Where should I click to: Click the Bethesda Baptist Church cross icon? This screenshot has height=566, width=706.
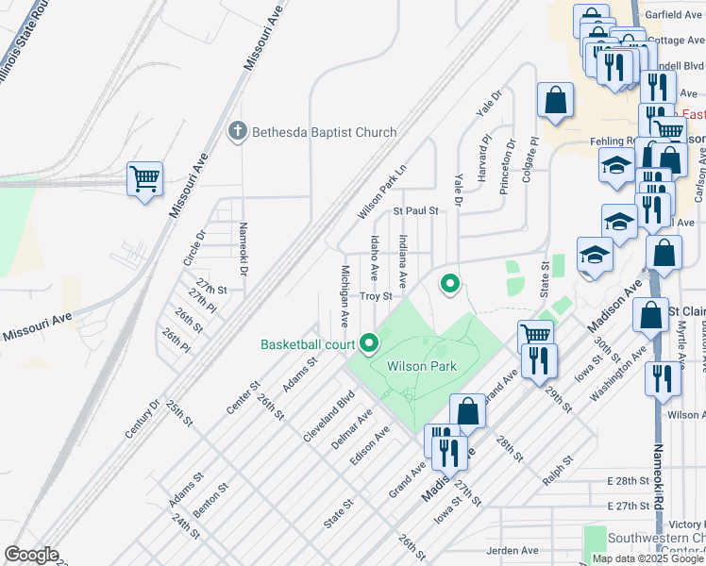[x=239, y=132]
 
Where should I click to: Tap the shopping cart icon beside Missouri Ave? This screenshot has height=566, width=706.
[x=144, y=177]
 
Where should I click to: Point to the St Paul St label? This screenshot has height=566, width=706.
[x=416, y=210]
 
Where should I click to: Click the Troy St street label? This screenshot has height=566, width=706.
[x=375, y=296]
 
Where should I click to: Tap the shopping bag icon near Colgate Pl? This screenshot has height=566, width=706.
[x=556, y=100]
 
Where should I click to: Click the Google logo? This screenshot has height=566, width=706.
[x=30, y=555]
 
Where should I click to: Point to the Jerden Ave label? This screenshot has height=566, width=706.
[x=513, y=550]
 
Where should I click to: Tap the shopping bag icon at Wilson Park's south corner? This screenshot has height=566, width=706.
[x=468, y=411]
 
